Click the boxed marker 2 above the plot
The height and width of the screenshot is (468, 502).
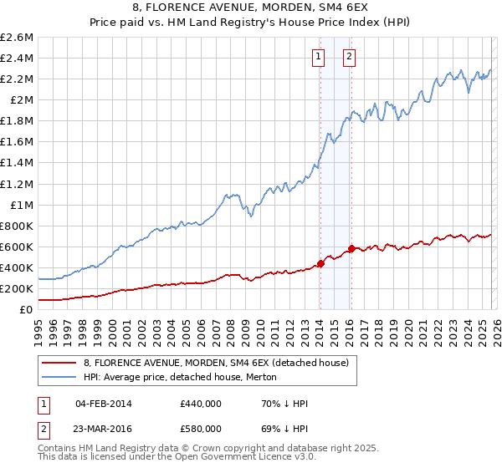pos(349,57)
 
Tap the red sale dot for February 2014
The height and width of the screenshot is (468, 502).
pos(320,263)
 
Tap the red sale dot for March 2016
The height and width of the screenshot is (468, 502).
pos(351,248)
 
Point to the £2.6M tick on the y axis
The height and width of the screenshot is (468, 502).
pos(17,38)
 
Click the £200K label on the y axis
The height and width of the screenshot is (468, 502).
pos(17,288)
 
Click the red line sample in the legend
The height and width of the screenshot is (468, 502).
pos(60,363)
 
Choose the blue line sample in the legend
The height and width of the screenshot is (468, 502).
pos(60,377)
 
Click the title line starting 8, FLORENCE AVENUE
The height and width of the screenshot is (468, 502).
pos(250,8)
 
